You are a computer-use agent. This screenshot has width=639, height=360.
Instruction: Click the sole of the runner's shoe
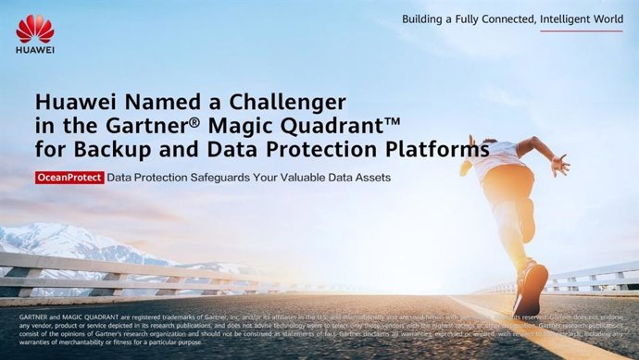click(534, 290)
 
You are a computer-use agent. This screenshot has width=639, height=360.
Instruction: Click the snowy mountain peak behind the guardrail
click(37, 233)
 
